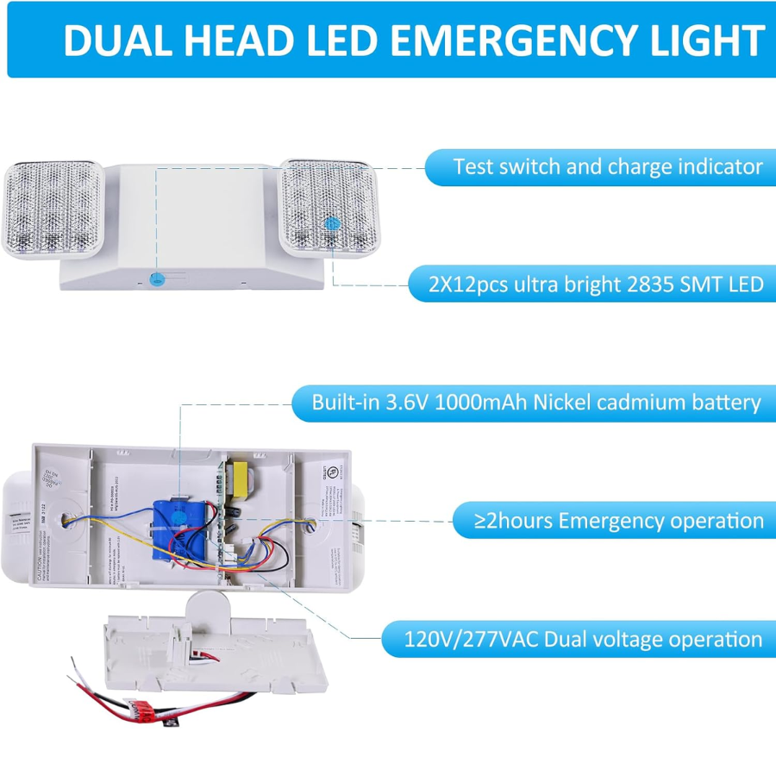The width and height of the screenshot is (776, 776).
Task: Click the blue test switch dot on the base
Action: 156,278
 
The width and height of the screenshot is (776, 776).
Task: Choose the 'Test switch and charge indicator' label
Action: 608,166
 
